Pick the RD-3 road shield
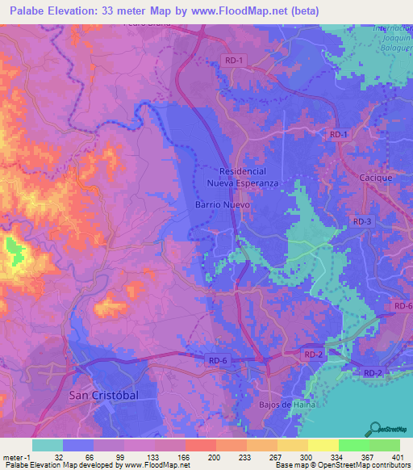(x=362, y=221)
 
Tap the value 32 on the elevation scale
(x=58, y=456)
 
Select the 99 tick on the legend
(x=121, y=456)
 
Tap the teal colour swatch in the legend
(x=48, y=445)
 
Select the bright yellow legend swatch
(x=323, y=445)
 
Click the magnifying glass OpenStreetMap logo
(x=376, y=428)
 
